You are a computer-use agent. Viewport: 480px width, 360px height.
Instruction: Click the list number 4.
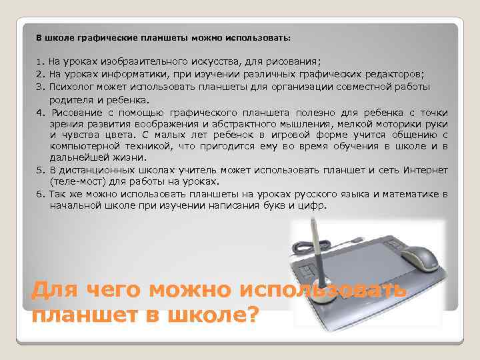pyautogui.click(x=39, y=112)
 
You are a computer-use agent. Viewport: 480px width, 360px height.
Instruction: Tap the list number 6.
pyautogui.click(x=39, y=193)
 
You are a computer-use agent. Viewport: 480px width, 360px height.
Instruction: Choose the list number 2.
pyautogui.click(x=39, y=73)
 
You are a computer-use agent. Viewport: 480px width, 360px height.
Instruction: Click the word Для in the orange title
pyautogui.click(x=54, y=291)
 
